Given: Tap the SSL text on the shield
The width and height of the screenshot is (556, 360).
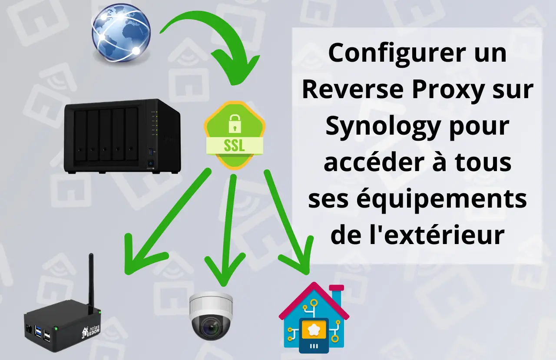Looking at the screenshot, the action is [234, 145].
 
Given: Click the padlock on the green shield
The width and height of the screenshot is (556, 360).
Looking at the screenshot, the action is [234, 124].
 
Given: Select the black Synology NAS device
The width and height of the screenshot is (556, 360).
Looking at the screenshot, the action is [122, 136].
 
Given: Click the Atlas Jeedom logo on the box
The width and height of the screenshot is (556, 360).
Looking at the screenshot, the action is [91, 331].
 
